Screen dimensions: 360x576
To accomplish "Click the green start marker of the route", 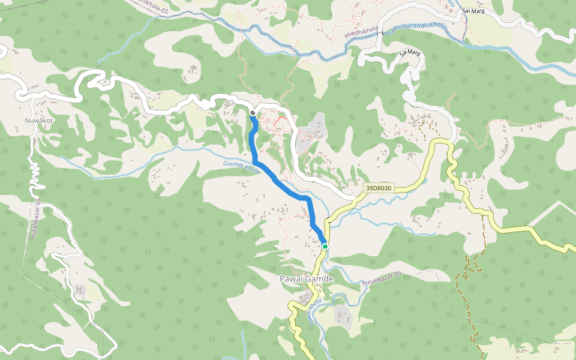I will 325,246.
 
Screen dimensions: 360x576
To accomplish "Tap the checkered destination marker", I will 253,113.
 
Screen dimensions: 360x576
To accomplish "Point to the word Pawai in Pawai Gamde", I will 293,279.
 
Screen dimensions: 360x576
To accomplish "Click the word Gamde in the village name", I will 320,279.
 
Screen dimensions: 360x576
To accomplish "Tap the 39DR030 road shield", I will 379,188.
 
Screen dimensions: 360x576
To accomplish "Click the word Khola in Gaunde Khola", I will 253,170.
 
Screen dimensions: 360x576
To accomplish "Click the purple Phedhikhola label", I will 362,33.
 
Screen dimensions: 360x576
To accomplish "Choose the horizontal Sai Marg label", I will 473,11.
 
